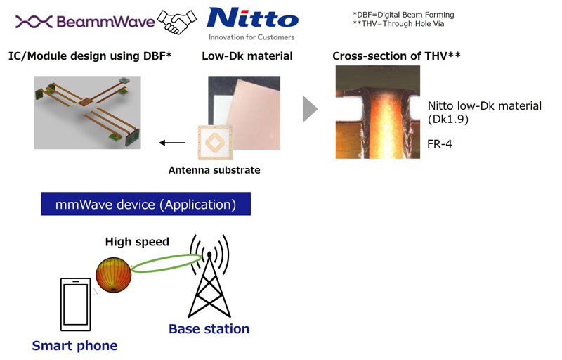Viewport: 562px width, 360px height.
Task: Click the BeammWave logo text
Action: coord(106,22)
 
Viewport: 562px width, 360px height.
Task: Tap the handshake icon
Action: coord(177,22)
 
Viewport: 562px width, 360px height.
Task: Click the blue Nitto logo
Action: coord(253,18)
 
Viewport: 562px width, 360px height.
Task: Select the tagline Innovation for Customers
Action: coord(251,37)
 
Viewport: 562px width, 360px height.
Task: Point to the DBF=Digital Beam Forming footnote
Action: coord(403,15)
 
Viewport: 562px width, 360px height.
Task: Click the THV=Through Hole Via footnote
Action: coord(398,24)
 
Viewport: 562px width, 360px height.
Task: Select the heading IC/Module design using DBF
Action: coord(90,56)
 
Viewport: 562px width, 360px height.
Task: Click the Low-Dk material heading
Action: coord(247,56)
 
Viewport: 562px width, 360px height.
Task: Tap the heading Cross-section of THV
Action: coord(396,56)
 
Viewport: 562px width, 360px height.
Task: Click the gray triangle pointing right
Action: coord(309,109)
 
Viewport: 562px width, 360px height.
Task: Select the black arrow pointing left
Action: coord(172,143)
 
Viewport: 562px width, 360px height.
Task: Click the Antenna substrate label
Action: coord(214,170)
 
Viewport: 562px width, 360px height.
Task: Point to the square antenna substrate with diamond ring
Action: coord(215,142)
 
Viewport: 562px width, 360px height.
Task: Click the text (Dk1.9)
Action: coord(448,119)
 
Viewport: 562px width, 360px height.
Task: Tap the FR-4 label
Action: coord(440,143)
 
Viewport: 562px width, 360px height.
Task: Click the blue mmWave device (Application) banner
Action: coord(145,204)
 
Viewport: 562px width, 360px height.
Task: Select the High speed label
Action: coord(137,242)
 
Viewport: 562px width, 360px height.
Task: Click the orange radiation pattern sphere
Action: coord(114,275)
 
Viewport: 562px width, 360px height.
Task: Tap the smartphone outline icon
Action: coord(76,304)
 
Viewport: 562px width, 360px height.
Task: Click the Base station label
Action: coord(209,329)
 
